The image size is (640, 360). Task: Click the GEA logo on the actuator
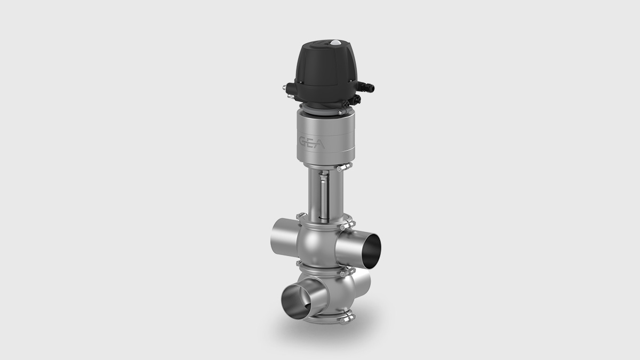(313, 142)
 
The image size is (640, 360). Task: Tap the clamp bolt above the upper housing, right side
(343, 226)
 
